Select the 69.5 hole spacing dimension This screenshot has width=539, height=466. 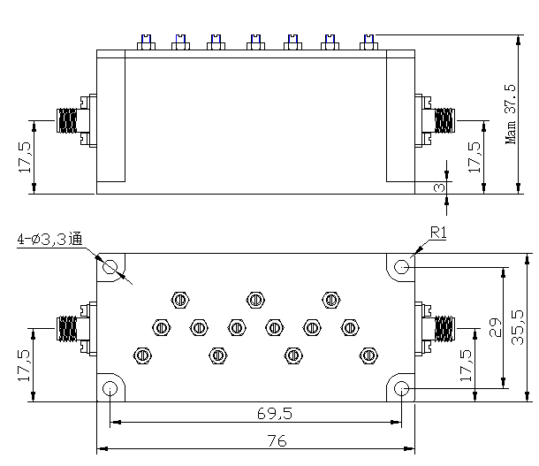tap(255, 414)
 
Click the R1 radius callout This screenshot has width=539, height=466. tap(439, 233)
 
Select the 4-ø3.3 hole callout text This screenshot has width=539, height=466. tap(49, 239)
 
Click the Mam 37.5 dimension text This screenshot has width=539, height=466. tap(510, 114)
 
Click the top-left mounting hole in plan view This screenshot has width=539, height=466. tap(111, 266)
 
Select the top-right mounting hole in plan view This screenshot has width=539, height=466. tap(401, 266)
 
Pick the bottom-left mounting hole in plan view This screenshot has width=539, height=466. tap(111, 388)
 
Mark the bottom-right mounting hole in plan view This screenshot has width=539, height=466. tap(401, 388)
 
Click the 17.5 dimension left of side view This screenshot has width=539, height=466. tap(25, 157)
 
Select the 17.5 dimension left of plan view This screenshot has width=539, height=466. tap(25, 364)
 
